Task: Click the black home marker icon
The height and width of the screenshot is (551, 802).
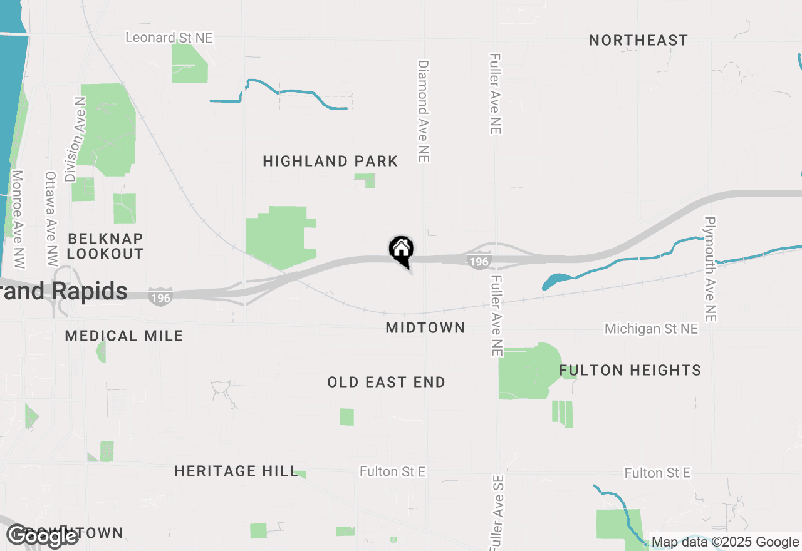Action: coord(401,249)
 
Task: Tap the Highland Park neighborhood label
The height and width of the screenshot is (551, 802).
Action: coord(330,161)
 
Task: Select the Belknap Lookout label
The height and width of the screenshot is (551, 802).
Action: coord(105,246)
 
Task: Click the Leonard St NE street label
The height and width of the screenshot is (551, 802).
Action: coord(169,38)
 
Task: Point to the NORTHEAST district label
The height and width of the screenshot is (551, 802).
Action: coord(638,41)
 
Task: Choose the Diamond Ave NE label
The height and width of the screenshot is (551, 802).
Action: coord(424,111)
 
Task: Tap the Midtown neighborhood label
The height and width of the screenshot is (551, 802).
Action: coord(425,327)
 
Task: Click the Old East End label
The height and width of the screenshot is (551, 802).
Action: coord(386,382)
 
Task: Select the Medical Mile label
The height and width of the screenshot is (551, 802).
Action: coord(124,336)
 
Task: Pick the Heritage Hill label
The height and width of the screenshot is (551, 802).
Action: coord(236,471)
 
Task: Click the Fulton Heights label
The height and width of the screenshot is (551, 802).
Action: coord(630,370)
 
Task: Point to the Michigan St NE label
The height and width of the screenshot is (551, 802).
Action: coord(651,329)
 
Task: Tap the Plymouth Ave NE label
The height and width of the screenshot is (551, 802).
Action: coord(710,269)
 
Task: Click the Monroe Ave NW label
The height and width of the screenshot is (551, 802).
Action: coord(18,220)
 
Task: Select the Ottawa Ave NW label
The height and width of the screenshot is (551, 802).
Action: coord(51,220)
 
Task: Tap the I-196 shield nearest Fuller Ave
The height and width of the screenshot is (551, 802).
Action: coord(479,261)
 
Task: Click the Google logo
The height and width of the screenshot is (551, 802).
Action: coord(42,535)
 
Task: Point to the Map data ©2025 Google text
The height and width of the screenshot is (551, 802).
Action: coord(726,542)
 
